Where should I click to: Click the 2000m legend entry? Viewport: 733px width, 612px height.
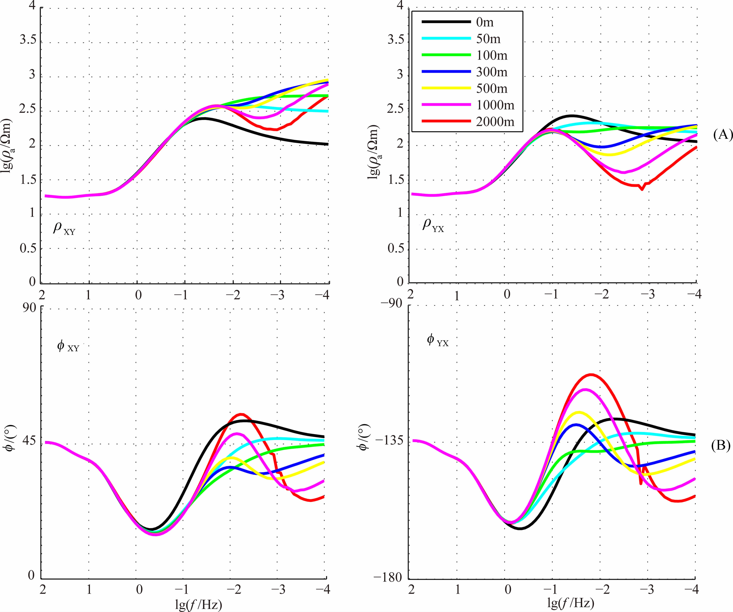coord(495,121)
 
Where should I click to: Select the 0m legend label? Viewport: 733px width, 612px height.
coord(485,22)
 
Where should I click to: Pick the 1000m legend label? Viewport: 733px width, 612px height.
coord(495,105)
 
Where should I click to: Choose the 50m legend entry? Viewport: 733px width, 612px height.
coord(488,39)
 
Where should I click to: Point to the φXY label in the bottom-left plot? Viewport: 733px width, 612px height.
coord(68,346)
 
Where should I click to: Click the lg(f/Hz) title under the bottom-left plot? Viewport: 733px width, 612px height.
coord(198,604)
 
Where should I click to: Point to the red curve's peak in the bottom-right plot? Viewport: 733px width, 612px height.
coord(591,374)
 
